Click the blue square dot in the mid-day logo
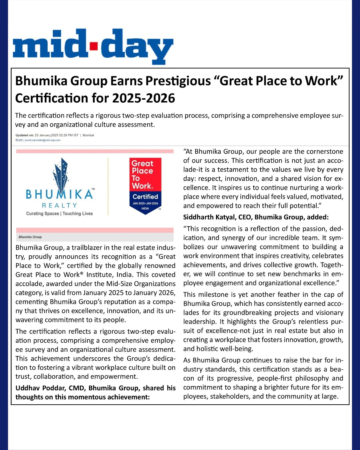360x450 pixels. tap(94, 45)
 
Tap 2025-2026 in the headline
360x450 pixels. tap(144, 98)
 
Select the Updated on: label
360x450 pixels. tap(24, 135)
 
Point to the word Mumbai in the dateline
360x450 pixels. tap(88, 135)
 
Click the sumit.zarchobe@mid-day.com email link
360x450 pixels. tap(43, 140)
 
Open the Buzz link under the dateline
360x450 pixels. tap(19, 140)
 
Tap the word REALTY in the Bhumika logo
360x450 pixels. tap(59, 205)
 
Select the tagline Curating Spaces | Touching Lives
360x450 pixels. tap(59, 214)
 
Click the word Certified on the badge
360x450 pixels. tap(145, 197)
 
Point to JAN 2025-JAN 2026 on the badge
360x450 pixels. tap(145, 203)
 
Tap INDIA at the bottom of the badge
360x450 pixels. tap(145, 208)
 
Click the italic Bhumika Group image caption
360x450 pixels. tap(30, 237)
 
